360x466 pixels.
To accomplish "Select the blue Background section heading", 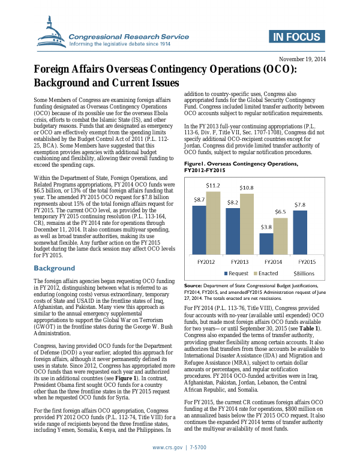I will (x=55, y=268).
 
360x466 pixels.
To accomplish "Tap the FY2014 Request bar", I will (x=266, y=244).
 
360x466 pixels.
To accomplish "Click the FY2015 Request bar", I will (x=300, y=232).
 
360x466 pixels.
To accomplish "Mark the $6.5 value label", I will (x=281, y=212).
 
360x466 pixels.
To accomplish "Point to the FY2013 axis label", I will (x=240, y=263).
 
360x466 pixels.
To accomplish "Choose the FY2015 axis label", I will (x=307, y=263).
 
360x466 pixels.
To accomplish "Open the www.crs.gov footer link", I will (x=167, y=447).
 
